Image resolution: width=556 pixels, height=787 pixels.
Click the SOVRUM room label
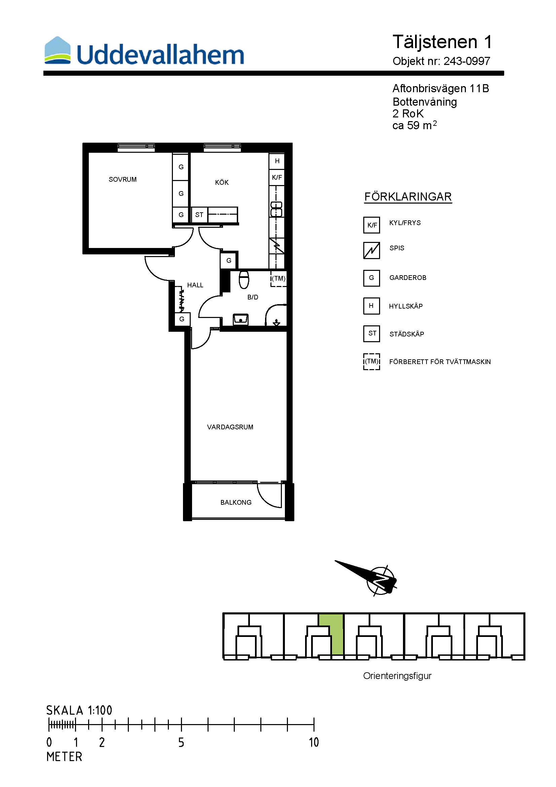tap(123, 179)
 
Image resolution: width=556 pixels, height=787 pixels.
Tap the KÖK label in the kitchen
tap(222, 182)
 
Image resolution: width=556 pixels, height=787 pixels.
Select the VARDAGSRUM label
tap(230, 427)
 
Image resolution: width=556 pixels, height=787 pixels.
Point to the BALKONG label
tap(236, 502)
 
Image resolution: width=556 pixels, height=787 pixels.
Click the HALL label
tap(195, 285)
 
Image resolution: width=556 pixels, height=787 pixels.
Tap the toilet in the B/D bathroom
tap(244, 279)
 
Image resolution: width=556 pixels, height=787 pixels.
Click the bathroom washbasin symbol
tap(241, 319)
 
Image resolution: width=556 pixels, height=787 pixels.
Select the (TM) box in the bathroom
tap(279, 278)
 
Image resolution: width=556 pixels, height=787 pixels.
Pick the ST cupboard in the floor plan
tap(199, 215)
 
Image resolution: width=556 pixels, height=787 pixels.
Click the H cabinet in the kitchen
tap(277, 161)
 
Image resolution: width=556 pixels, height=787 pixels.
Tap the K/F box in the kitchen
tap(277, 177)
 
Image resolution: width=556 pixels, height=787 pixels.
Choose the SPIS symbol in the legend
tap(372, 250)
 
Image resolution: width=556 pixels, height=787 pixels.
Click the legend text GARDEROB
tap(408, 278)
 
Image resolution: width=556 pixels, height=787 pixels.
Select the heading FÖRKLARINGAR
tap(408, 197)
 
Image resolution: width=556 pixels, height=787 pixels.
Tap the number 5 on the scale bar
tap(181, 742)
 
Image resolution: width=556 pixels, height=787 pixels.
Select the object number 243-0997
tap(467, 61)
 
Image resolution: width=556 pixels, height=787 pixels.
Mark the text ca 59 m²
tap(414, 125)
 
